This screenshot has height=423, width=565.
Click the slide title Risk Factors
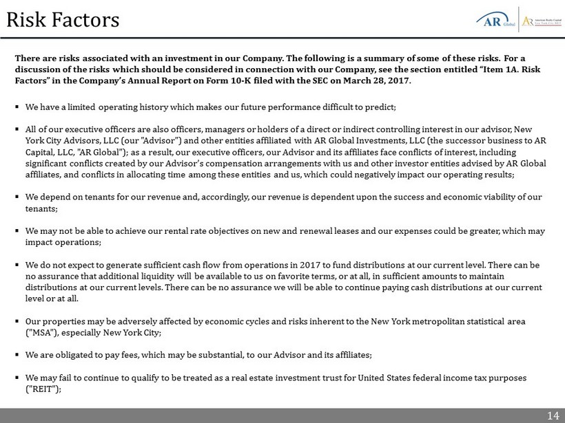pyautogui.click(x=63, y=19)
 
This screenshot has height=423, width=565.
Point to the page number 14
pyautogui.click(x=553, y=415)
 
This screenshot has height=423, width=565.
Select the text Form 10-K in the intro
pyautogui.click(x=268, y=80)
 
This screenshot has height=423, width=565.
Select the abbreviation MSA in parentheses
pyautogui.click(x=41, y=333)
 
